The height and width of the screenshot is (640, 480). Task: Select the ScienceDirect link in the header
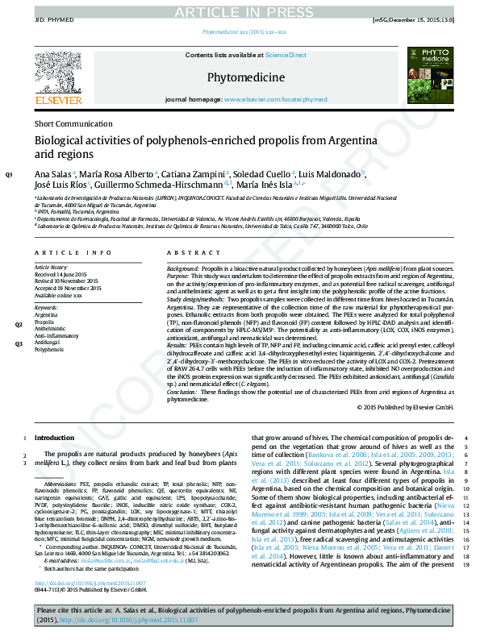pyautogui.click(x=286, y=55)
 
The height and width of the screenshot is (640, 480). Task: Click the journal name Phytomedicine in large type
pyautogui.click(x=246, y=77)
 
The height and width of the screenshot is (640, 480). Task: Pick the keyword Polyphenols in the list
pyautogui.click(x=48, y=350)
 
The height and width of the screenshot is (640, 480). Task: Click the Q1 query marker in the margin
pyautogui.click(x=10, y=174)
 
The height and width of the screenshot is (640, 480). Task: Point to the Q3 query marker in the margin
pyautogui.click(x=19, y=343)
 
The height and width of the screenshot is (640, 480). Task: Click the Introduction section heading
pyautogui.click(x=54, y=438)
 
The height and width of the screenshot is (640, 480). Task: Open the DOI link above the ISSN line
pyautogui.click(x=90, y=583)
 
